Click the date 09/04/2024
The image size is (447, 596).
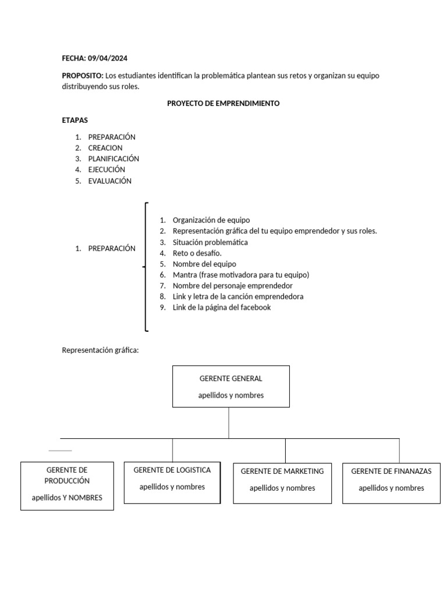tap(108, 58)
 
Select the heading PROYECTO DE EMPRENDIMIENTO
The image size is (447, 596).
tap(223, 103)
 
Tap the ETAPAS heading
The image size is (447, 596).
tap(74, 120)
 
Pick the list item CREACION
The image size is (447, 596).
tap(105, 148)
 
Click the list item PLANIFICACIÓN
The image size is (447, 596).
tap(113, 158)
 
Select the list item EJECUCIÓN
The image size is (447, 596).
tap(107, 169)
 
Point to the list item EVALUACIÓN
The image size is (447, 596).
tap(110, 180)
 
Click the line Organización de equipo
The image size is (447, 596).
tap(211, 220)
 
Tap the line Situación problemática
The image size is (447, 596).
tap(210, 242)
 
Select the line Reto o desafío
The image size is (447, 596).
tap(197, 253)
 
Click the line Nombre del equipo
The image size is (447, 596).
tap(204, 264)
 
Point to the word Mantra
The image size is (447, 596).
tap(185, 275)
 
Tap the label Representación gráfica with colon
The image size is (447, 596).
tap(101, 350)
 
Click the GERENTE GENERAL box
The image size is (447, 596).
tap(231, 386)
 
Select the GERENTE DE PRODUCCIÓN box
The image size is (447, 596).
tap(67, 486)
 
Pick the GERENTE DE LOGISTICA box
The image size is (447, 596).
tap(172, 483)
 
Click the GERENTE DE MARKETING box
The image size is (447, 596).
tap(282, 483)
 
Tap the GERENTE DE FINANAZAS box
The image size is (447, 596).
tap(391, 483)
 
